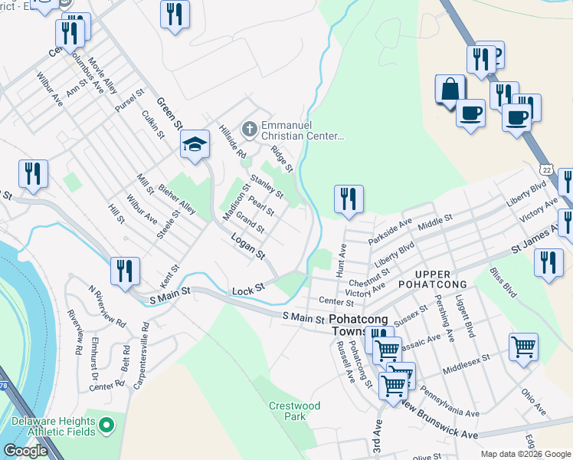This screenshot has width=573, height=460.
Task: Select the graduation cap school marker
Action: tap(195, 143)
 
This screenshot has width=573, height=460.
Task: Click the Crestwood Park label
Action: tap(294, 411)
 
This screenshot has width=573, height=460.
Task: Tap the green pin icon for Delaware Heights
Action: tap(106, 423)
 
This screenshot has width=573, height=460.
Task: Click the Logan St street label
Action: tap(248, 246)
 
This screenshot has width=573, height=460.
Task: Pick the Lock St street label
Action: tap(247, 289)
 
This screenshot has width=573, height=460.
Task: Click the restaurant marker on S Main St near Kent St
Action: tap(124, 270)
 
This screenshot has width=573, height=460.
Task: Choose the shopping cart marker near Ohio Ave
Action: tap(523, 346)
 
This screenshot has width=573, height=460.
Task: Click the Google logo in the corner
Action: tap(25, 451)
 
